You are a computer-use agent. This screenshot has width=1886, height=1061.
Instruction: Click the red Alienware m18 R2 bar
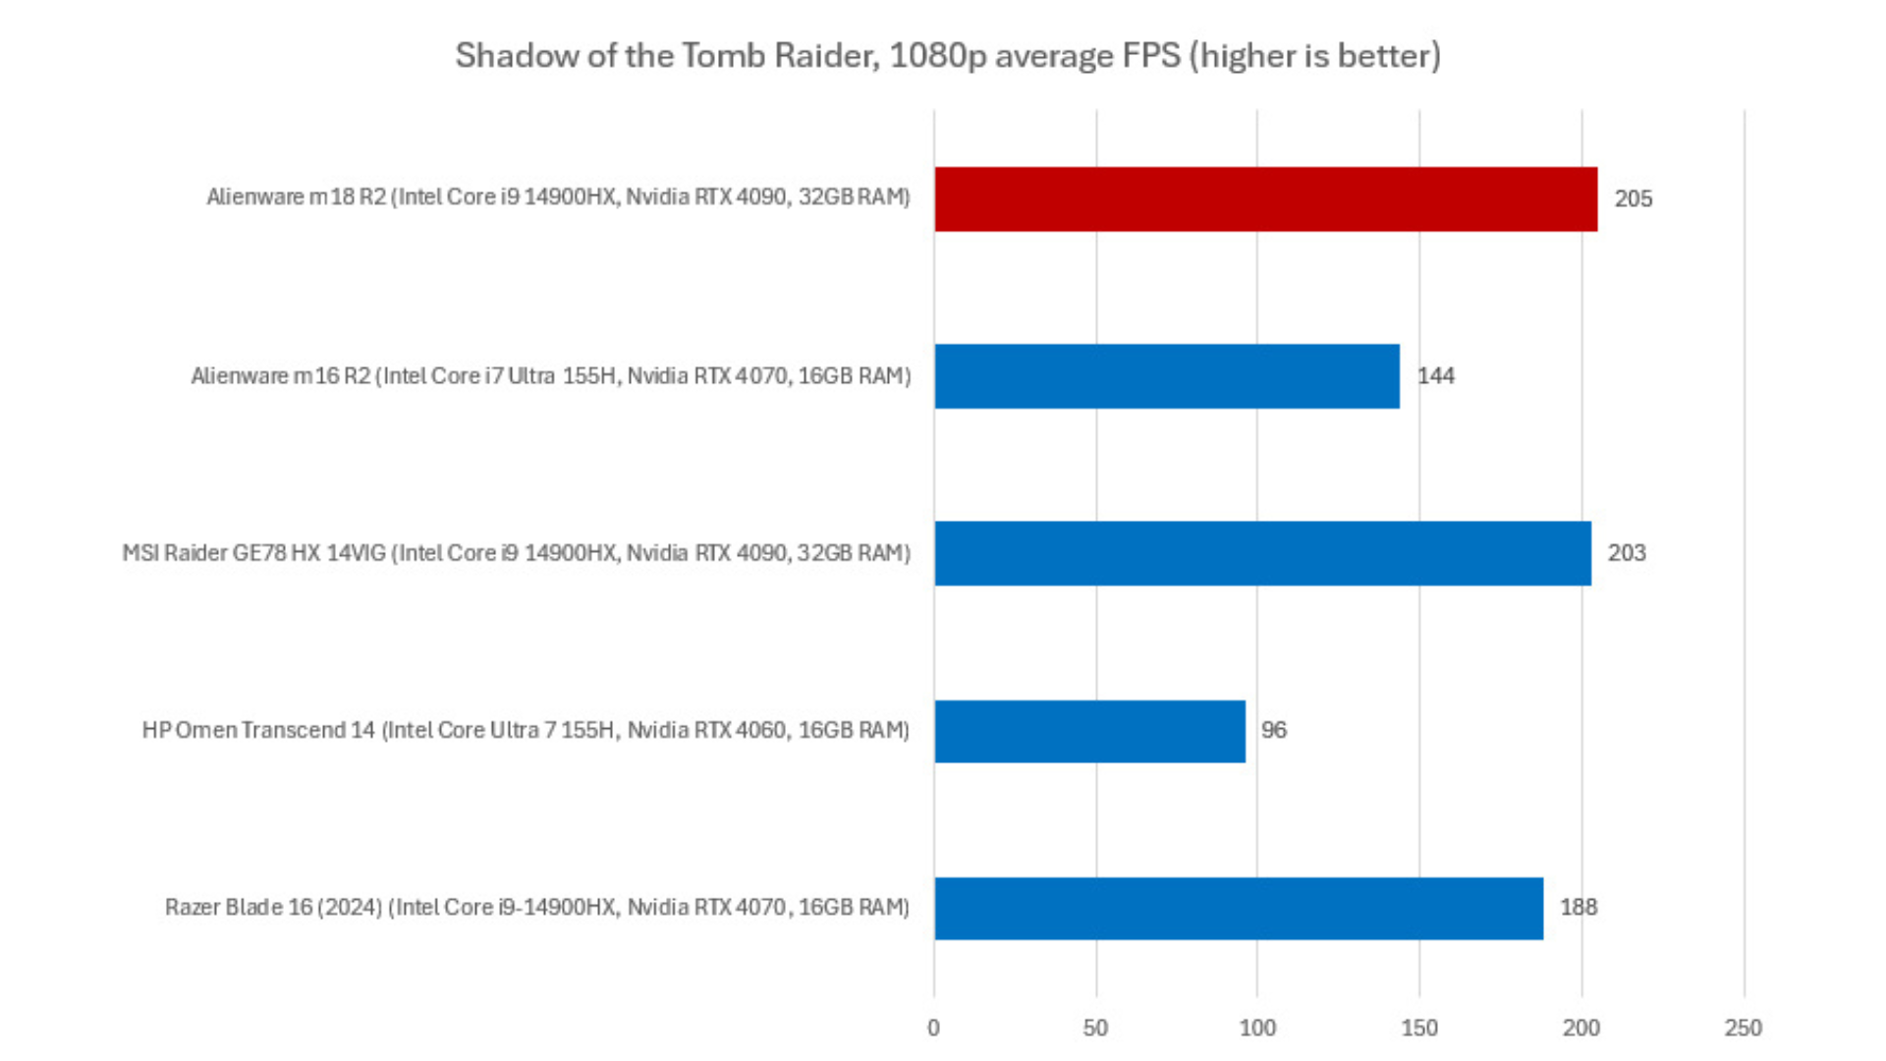[x=1265, y=199]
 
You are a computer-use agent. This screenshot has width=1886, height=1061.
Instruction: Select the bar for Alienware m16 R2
[x=1167, y=376]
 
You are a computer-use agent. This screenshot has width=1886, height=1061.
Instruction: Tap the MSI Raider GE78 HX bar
[x=1262, y=553]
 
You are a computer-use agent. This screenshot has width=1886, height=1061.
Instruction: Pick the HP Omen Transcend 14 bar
[x=1089, y=731]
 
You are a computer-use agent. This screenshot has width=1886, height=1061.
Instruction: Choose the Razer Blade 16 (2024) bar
[x=1239, y=908]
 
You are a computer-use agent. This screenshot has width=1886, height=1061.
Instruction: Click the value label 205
[x=1634, y=199]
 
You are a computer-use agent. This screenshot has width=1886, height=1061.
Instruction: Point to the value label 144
[x=1435, y=376]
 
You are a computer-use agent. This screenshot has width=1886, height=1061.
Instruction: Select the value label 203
[x=1627, y=553]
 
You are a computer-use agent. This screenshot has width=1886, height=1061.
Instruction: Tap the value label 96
[x=1274, y=731]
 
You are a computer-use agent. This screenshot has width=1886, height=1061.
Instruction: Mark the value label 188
[x=1579, y=908]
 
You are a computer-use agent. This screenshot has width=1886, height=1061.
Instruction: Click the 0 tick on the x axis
[x=933, y=1029]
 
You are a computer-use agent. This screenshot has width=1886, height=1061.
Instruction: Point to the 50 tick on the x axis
[x=1095, y=1029]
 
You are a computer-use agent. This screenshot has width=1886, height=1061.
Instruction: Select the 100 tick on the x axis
[x=1257, y=1029]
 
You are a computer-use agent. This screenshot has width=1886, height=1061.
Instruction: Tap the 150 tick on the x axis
[x=1419, y=1029]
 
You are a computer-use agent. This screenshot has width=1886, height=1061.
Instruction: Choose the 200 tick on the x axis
[x=1581, y=1029]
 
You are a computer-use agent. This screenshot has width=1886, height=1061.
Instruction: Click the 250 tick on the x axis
[x=1744, y=1029]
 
